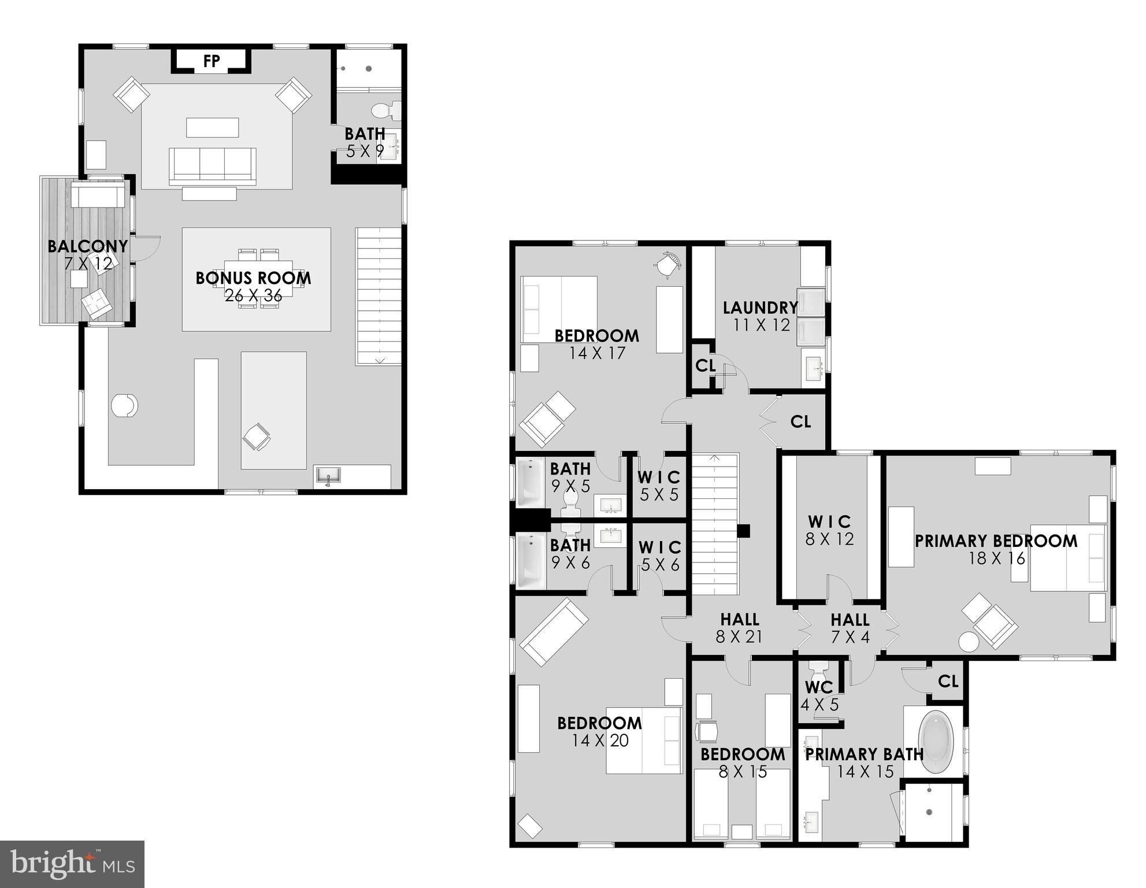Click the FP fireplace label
pyautogui.click(x=212, y=61)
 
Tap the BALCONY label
pyautogui.click(x=87, y=247)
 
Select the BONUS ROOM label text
pyautogui.click(x=253, y=278)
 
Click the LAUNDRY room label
pyautogui.click(x=761, y=308)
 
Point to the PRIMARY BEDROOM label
pyautogui.click(x=996, y=541)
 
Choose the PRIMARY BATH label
pyautogui.click(x=864, y=754)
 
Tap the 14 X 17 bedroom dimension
pyautogui.click(x=597, y=353)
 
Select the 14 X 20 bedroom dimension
pyautogui.click(x=600, y=741)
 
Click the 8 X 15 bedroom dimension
pyautogui.click(x=743, y=772)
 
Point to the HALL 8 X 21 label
pyautogui.click(x=739, y=628)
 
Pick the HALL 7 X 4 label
pyautogui.click(x=850, y=628)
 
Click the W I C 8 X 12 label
pyautogui.click(x=829, y=530)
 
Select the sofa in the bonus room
pyautogui.click(x=212, y=166)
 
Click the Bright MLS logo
pyautogui.click(x=72, y=864)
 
